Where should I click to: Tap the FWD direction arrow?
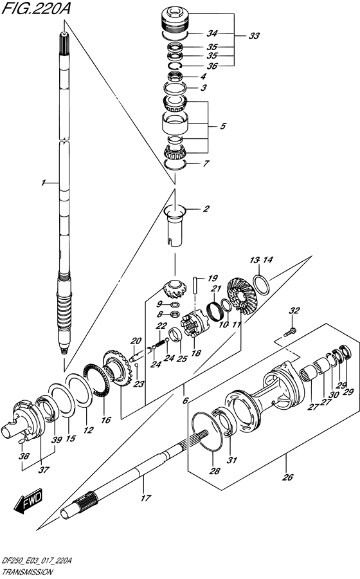point(28,501)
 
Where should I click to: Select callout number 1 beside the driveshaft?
point(42,184)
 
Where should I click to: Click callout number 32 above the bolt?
point(294,311)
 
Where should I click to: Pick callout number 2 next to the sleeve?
point(206,208)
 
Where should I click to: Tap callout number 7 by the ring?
point(206,163)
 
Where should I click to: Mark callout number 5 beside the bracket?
point(222,127)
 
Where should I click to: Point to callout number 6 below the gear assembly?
point(185,400)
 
